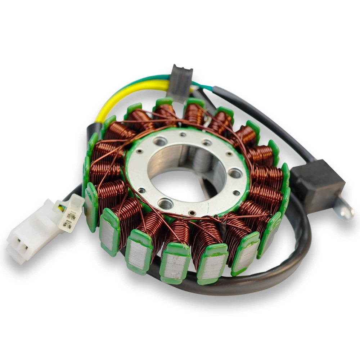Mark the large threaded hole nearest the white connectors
point(165,204)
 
